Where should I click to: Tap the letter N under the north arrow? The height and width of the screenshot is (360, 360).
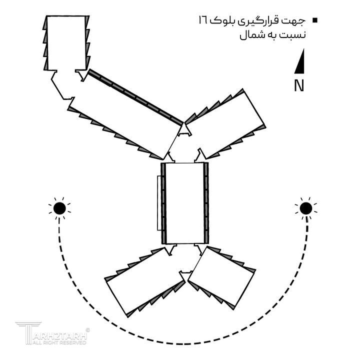point(299,85)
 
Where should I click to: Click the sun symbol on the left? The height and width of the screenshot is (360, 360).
point(59,208)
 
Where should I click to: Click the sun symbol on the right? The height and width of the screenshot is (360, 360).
point(306,208)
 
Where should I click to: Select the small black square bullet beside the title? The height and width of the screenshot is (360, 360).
point(315,20)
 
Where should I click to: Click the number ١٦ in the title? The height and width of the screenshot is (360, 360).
point(203,20)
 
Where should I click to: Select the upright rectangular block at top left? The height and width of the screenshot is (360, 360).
point(66,42)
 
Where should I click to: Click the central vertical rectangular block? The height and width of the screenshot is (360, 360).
point(185,203)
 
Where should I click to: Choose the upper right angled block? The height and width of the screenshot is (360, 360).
point(225,124)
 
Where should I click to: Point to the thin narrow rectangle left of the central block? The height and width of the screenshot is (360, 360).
point(159,203)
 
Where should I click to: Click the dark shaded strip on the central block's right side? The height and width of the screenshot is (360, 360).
point(206,203)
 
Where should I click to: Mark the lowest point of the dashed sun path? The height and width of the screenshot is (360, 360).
point(183,344)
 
